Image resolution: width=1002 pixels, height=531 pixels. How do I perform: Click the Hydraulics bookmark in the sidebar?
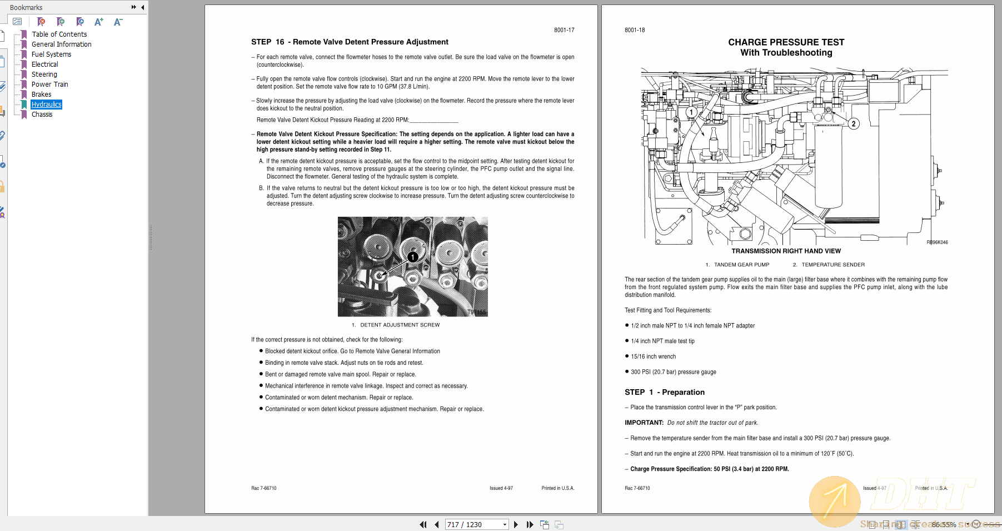click(46, 105)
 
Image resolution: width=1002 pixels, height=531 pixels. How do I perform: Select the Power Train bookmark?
click(49, 85)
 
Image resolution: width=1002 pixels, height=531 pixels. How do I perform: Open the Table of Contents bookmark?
click(59, 34)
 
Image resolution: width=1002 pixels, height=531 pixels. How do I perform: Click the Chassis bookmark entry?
click(42, 115)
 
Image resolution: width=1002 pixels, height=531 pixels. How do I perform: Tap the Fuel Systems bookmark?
click(51, 54)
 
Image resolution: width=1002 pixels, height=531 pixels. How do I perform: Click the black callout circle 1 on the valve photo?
click(413, 257)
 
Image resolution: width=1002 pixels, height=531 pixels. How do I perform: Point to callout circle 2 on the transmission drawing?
click(854, 123)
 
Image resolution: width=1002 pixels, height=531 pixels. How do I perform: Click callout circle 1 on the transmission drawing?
click(691, 112)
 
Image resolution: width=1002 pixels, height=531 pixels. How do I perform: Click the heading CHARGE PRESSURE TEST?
click(786, 42)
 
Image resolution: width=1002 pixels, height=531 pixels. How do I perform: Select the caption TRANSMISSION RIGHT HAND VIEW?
click(786, 251)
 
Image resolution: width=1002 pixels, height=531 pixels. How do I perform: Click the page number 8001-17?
click(564, 30)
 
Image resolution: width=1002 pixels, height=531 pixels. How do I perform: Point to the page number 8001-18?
click(635, 30)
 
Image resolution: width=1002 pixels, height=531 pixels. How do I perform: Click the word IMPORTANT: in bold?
click(644, 423)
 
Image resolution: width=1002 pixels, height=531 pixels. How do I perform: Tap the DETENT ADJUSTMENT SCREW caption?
click(400, 325)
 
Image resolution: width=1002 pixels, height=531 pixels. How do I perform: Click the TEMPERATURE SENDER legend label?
click(832, 265)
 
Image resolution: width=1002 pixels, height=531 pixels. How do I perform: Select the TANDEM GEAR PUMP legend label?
click(741, 265)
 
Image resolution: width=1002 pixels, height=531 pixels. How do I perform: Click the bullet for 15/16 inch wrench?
click(627, 356)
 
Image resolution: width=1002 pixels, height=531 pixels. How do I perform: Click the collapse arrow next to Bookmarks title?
click(143, 7)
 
